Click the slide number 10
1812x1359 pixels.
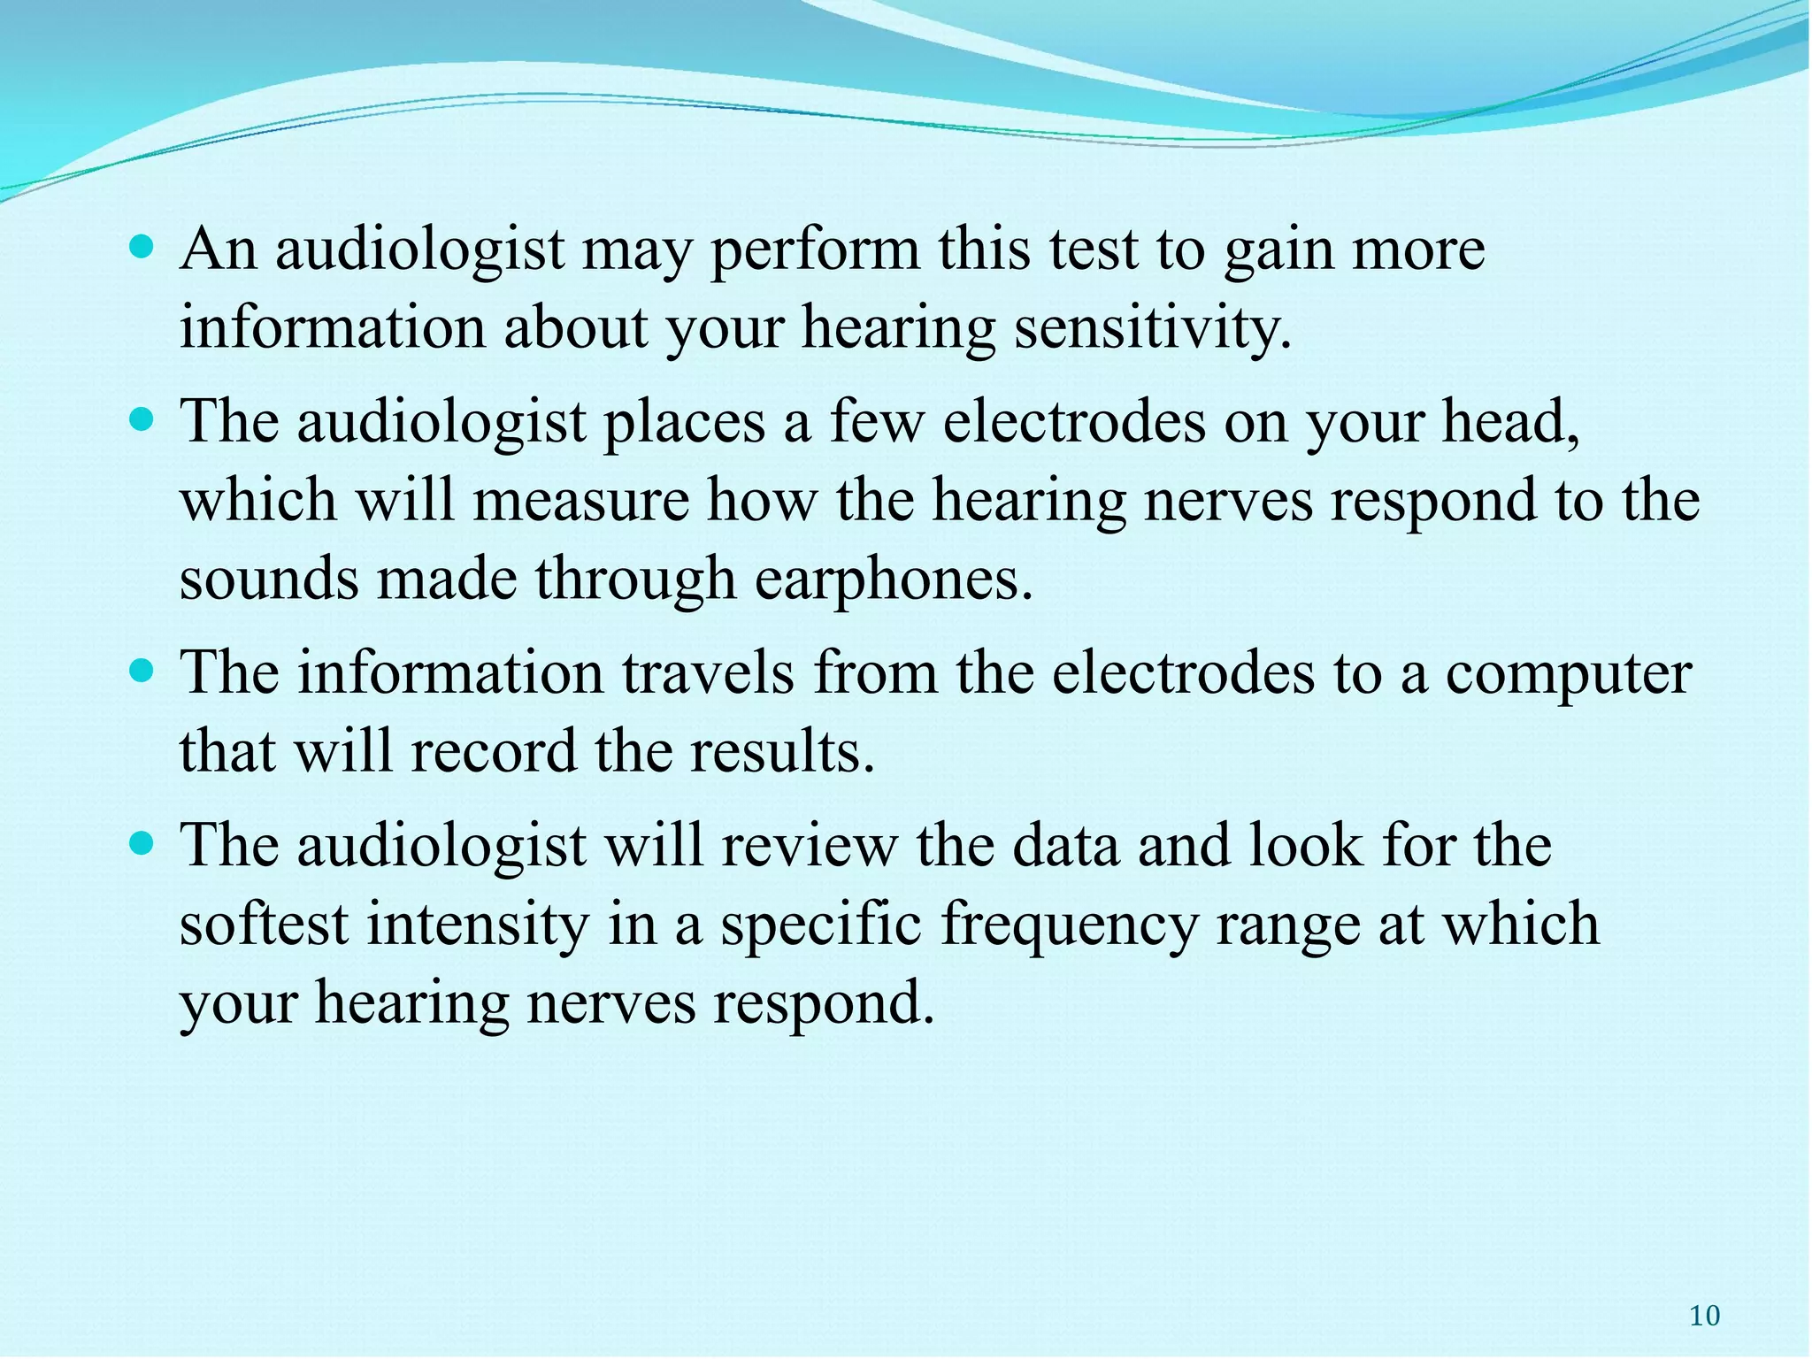click(1704, 1316)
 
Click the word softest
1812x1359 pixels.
click(264, 925)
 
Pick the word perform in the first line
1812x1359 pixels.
click(815, 250)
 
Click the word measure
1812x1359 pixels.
click(580, 500)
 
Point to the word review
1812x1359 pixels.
click(808, 845)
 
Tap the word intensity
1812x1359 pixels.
click(478, 925)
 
